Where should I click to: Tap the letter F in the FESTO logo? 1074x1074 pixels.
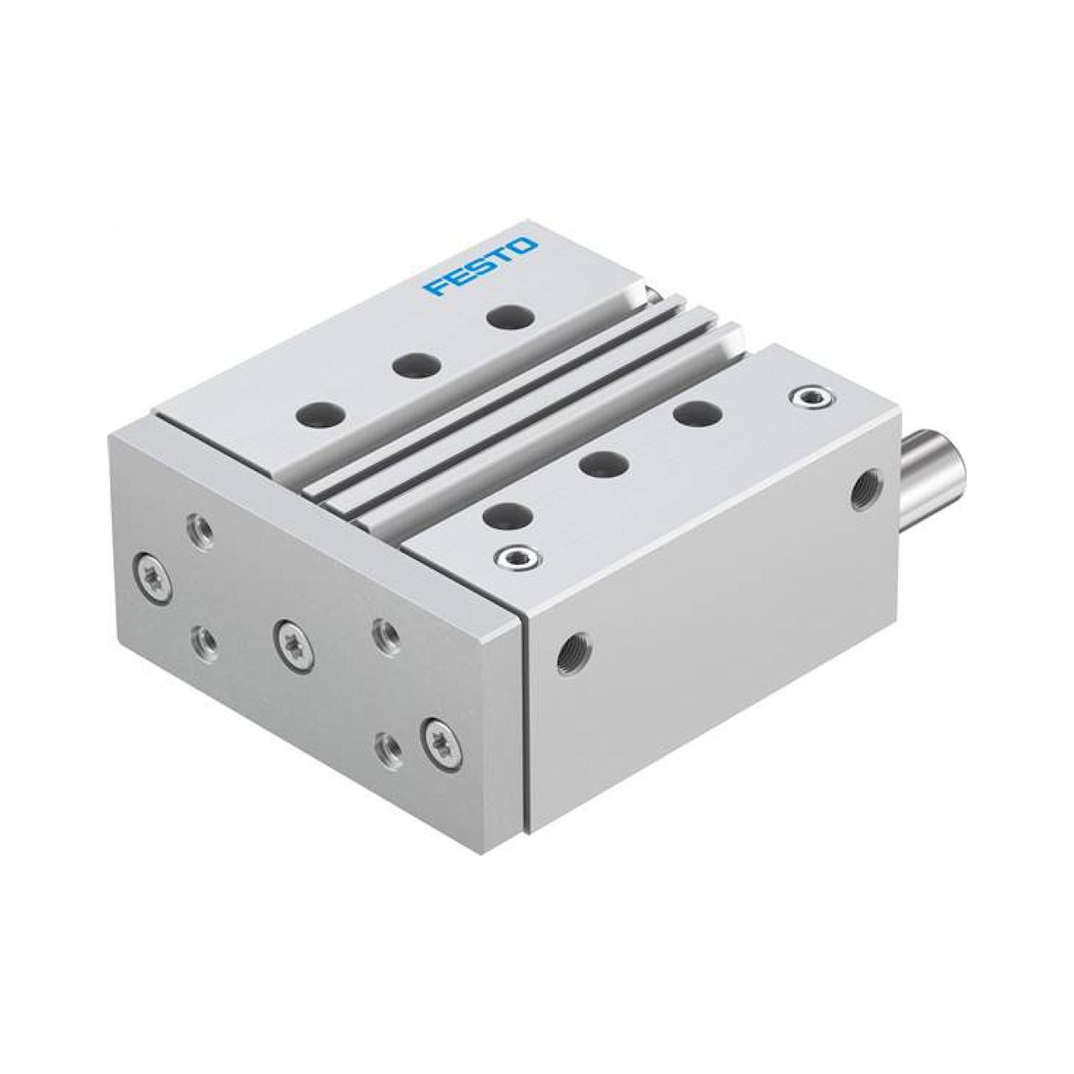point(436,287)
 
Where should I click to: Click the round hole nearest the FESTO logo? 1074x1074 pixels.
point(510,317)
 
